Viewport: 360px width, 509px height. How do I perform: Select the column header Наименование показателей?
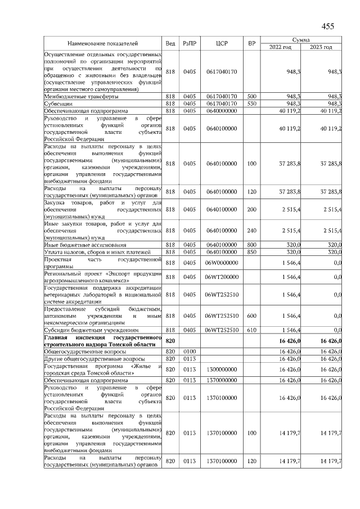[x=102, y=43]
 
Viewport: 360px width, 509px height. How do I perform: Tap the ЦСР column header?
[x=222, y=43]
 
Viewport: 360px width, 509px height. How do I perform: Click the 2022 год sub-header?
[x=280, y=47]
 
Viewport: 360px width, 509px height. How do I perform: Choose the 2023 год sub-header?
[x=321, y=47]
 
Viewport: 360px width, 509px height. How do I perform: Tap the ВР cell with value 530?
[x=251, y=103]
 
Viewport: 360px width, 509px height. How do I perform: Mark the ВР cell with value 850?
[x=251, y=252]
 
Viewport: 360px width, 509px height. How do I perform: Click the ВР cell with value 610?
[x=251, y=330]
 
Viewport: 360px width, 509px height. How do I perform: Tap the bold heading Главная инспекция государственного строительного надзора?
[x=102, y=340]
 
